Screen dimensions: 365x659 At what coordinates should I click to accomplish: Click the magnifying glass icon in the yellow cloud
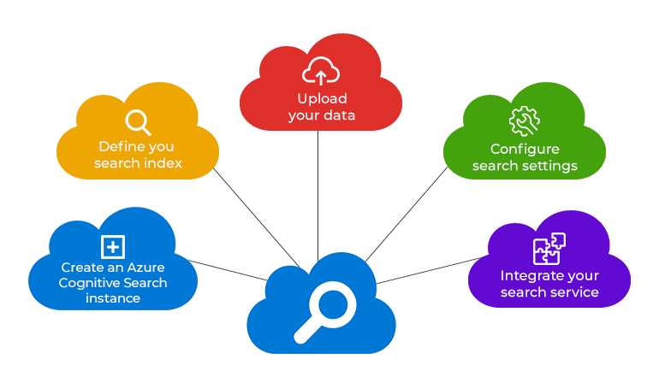coord(137,122)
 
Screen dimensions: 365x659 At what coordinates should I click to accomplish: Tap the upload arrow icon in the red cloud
coord(320,72)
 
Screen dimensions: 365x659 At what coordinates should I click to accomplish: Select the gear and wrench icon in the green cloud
coord(524,122)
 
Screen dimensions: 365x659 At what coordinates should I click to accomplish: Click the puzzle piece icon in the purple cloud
coord(549,249)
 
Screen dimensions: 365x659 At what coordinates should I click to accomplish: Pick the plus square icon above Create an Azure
coord(113,247)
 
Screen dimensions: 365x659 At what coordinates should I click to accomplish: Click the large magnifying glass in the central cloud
coord(324,310)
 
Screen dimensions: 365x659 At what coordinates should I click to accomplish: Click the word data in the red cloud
coord(340,115)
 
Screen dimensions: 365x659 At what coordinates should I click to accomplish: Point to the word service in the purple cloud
coord(572,291)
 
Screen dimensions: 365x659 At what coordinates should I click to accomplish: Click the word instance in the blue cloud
coord(113,298)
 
